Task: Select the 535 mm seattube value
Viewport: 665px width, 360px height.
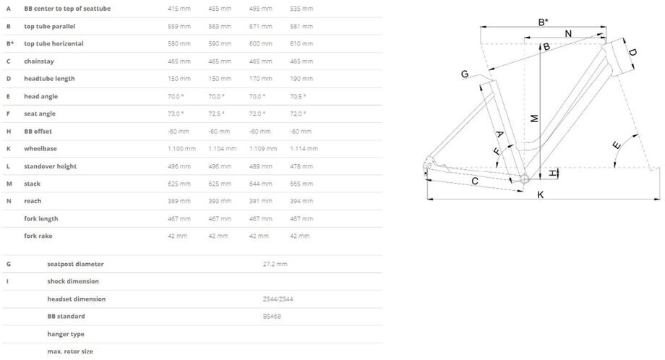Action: tap(301, 9)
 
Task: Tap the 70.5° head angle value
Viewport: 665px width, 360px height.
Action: tap(298, 96)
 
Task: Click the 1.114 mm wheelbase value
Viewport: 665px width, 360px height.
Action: tap(304, 149)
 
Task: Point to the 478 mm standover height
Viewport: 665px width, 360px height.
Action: tap(300, 166)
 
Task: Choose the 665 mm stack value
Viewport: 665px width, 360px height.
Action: tap(300, 184)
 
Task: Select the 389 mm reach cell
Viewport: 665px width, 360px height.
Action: tap(179, 201)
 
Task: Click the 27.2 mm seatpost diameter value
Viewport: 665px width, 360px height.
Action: tap(275, 264)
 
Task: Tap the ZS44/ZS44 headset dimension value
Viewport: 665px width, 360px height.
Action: tap(278, 299)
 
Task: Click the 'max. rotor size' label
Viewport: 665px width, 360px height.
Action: tap(70, 351)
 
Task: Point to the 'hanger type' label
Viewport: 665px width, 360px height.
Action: tap(66, 334)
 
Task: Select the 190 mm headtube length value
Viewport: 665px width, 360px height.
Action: tap(301, 79)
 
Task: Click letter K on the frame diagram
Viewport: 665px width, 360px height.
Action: tap(540, 194)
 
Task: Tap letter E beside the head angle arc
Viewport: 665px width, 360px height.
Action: tap(617, 146)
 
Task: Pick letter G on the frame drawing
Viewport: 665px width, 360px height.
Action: tap(465, 74)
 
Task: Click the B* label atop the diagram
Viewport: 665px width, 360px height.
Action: tap(544, 22)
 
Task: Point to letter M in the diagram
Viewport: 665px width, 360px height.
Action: tap(533, 117)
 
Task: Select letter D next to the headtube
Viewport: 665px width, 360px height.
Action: tap(632, 52)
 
